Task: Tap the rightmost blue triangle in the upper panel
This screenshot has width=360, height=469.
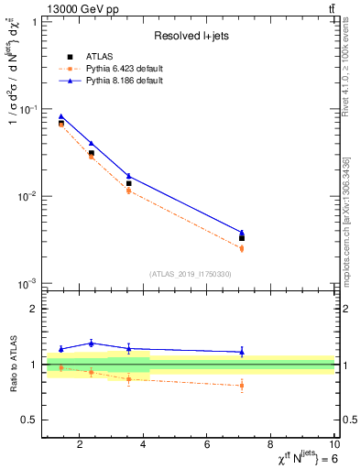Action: [x=242, y=233]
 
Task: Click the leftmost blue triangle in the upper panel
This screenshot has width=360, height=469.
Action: [x=61, y=116]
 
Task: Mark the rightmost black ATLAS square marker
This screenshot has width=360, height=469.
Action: [x=242, y=238]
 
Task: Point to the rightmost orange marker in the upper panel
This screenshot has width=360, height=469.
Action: [x=242, y=248]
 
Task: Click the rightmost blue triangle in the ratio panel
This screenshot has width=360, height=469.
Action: [x=242, y=352]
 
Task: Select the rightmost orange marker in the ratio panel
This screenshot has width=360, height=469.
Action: [x=242, y=386]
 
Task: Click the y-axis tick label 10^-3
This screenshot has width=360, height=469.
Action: [x=27, y=284]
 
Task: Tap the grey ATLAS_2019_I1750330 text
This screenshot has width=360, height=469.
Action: [x=190, y=274]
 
